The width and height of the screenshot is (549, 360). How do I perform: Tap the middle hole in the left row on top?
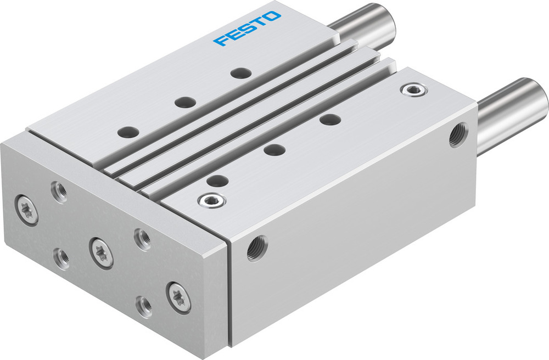[185, 102]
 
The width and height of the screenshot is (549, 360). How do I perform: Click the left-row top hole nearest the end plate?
[128, 132]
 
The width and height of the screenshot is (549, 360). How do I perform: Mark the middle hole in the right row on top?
[274, 149]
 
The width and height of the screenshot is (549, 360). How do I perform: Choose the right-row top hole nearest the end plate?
[218, 181]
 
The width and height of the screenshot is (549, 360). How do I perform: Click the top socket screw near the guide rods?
[412, 90]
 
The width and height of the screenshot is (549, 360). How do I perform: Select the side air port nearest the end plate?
[257, 248]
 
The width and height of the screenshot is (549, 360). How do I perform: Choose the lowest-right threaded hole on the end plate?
[144, 306]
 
